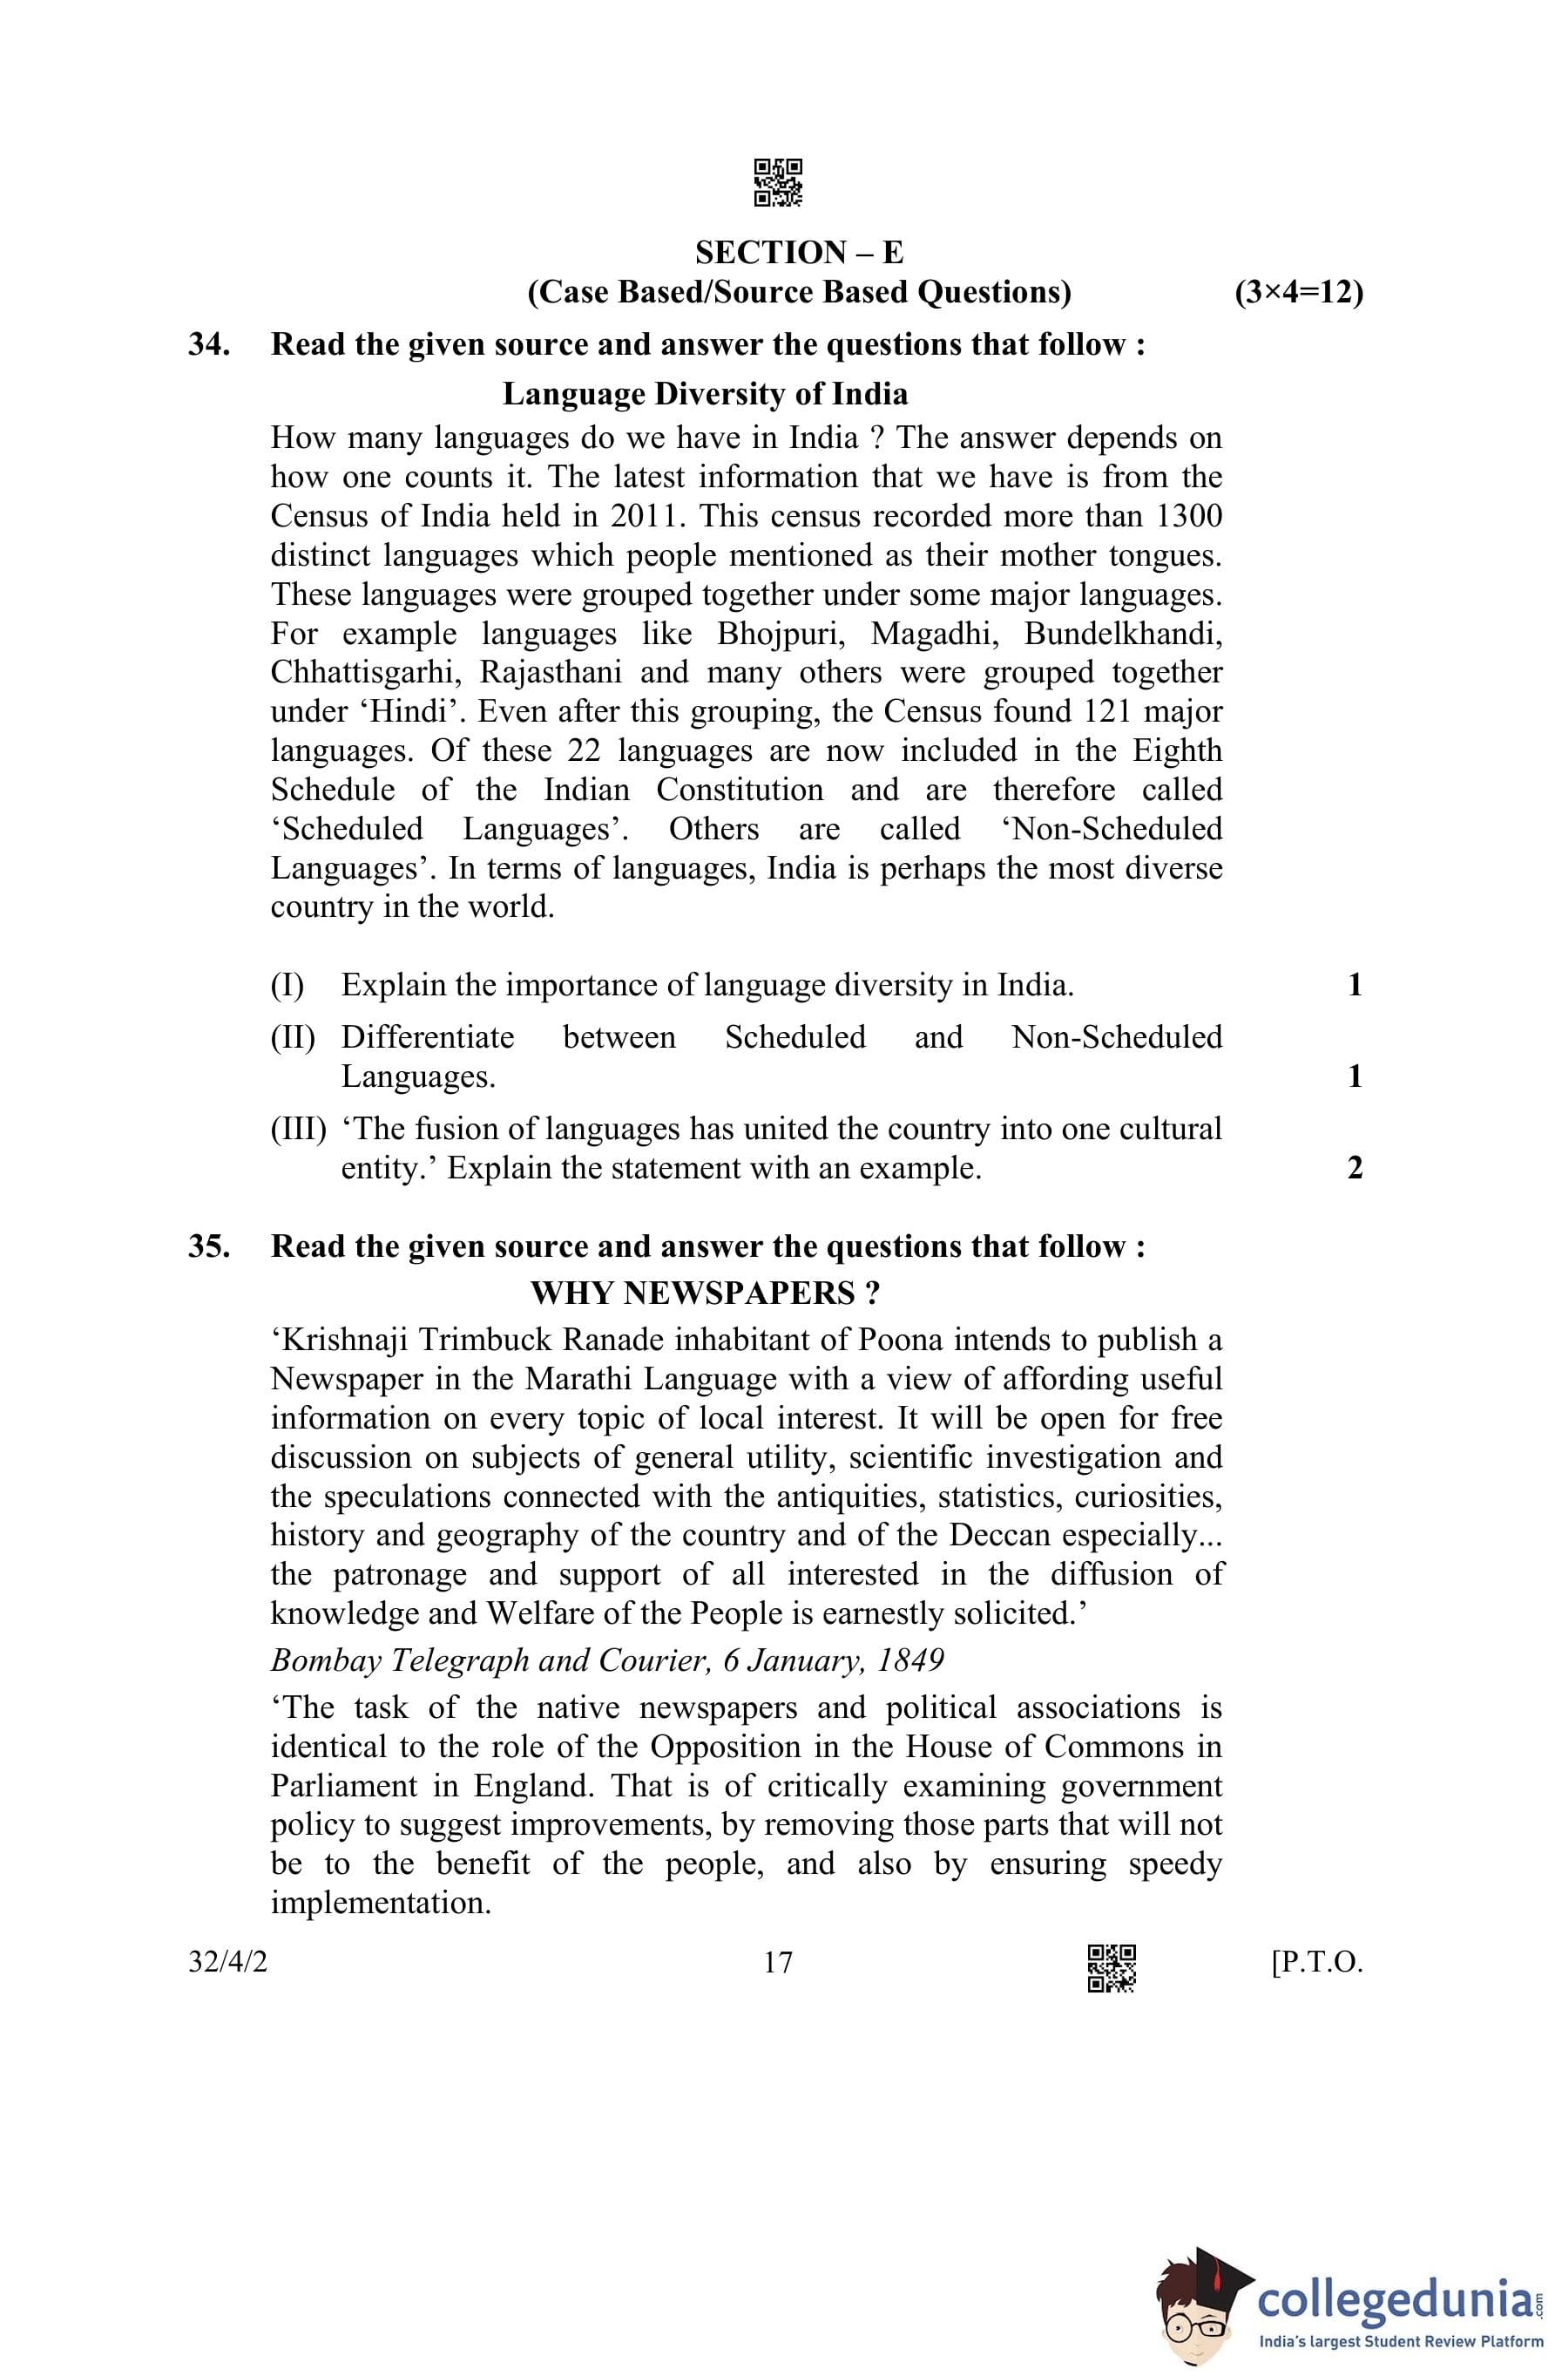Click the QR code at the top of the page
[x=777, y=183]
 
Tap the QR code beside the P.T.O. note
[x=1111, y=1968]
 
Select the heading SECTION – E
[x=799, y=252]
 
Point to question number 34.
[x=208, y=344]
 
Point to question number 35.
[x=208, y=1247]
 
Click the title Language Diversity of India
[x=705, y=394]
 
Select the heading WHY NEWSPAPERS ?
[x=705, y=1293]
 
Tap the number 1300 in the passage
[x=1187, y=516]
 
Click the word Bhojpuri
[x=781, y=634]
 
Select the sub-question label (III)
[x=297, y=1129]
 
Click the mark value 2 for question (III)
[x=1355, y=1168]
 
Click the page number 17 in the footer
[x=777, y=1963]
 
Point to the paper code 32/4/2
[x=227, y=1963]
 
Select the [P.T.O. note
[x=1316, y=1963]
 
